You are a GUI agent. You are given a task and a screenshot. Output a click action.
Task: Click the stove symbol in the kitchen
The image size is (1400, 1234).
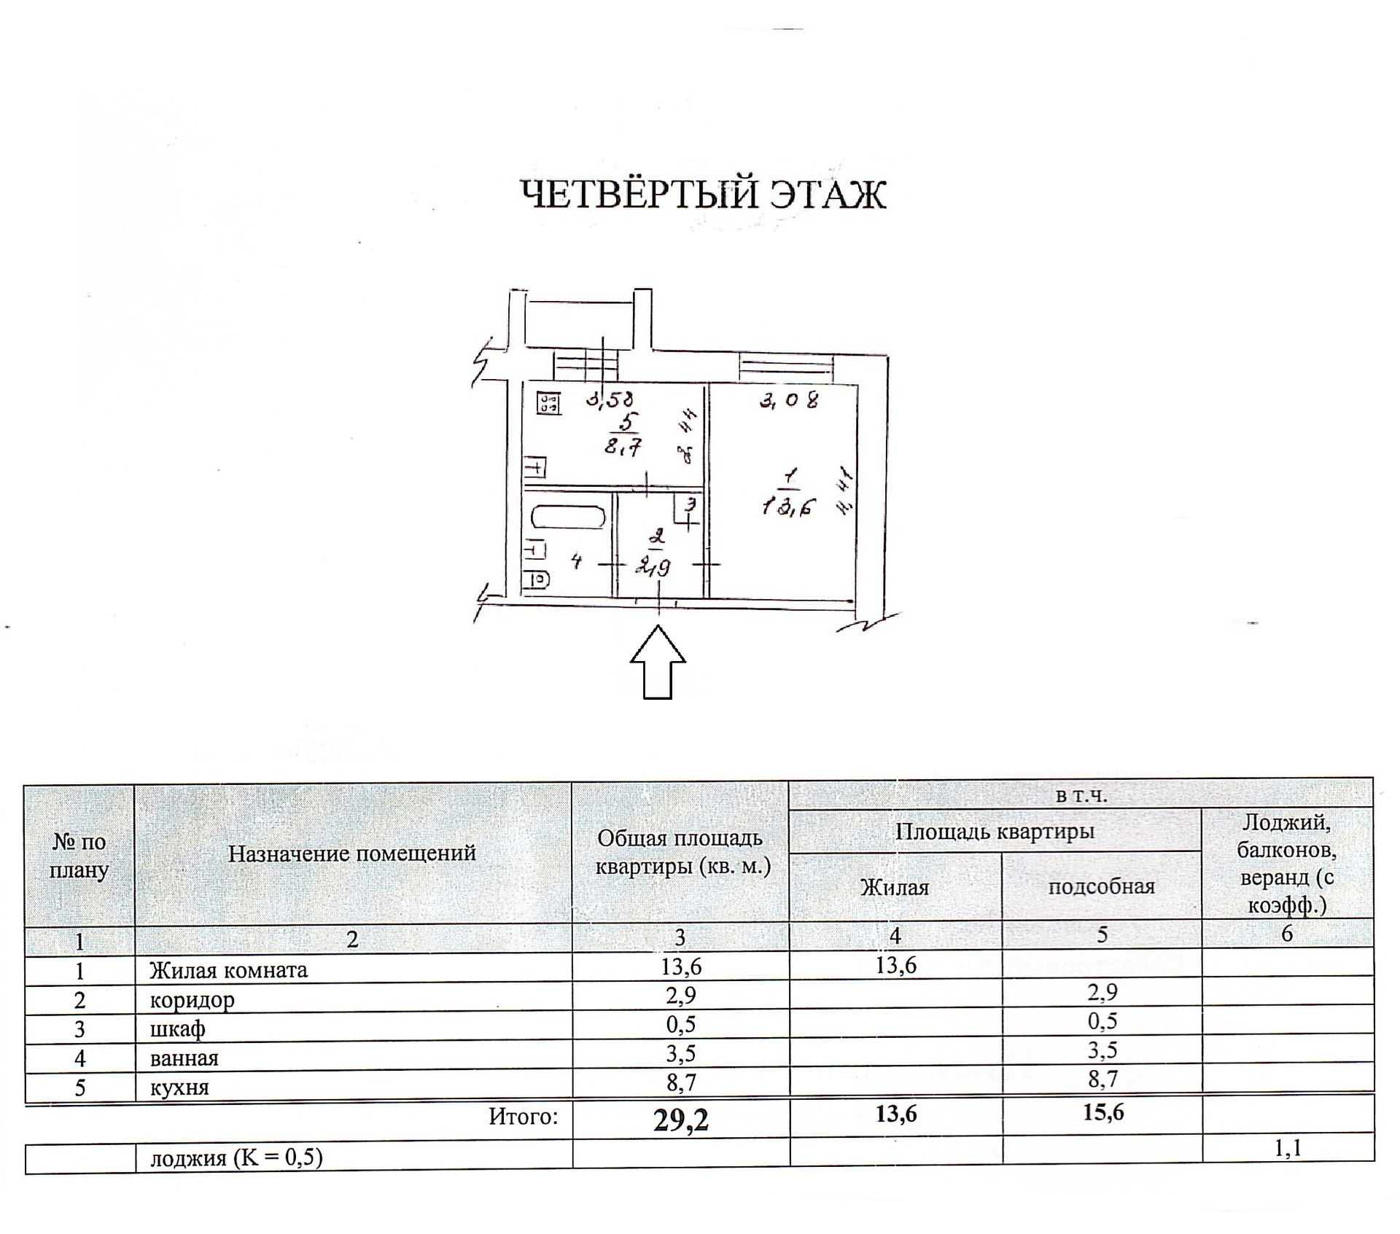pyautogui.click(x=549, y=403)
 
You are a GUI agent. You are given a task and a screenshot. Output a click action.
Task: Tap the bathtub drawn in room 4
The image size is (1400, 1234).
pyautogui.click(x=569, y=518)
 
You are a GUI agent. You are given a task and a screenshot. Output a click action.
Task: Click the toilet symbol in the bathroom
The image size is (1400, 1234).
pyautogui.click(x=538, y=580)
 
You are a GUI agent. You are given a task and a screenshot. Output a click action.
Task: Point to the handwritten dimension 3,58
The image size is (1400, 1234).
pyautogui.click(x=611, y=399)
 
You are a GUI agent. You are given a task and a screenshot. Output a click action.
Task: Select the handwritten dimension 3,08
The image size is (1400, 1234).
pyautogui.click(x=789, y=400)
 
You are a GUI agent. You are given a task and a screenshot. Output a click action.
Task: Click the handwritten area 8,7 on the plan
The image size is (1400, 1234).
pyautogui.click(x=623, y=447)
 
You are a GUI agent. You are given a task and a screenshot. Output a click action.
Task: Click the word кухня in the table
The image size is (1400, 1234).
pyautogui.click(x=179, y=1087)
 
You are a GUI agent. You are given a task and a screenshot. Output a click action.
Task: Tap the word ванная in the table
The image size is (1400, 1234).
pyautogui.click(x=184, y=1058)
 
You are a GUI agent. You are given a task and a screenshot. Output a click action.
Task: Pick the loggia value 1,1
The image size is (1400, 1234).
pyautogui.click(x=1287, y=1149)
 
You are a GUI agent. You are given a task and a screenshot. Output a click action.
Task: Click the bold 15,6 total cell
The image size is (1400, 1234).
pyautogui.click(x=1103, y=1112)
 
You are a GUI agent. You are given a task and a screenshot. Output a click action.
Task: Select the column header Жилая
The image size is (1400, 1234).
pyautogui.click(x=895, y=887)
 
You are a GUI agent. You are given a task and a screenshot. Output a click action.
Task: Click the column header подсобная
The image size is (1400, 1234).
pyautogui.click(x=1101, y=886)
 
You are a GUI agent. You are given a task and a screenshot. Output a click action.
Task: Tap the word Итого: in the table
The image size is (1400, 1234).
pyautogui.click(x=523, y=1117)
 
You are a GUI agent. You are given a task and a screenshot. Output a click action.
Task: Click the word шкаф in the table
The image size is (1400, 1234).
pyautogui.click(x=177, y=1028)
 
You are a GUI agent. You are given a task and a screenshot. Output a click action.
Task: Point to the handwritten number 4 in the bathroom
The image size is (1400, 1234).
pyautogui.click(x=576, y=561)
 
